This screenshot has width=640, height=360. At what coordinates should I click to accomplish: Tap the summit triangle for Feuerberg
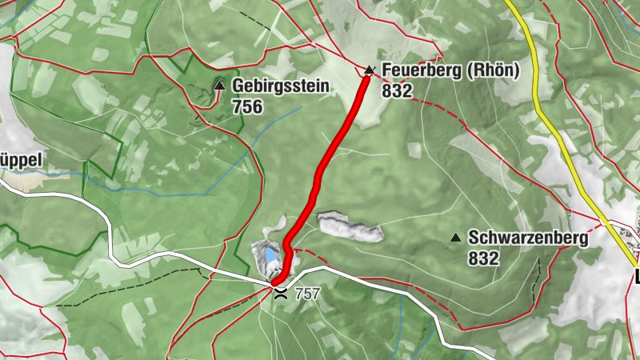click(x=369, y=70)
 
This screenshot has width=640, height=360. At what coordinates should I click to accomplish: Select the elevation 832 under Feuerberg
click(x=397, y=91)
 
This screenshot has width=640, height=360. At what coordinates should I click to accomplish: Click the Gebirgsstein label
click(x=281, y=86)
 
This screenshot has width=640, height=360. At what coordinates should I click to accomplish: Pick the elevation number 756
click(x=247, y=106)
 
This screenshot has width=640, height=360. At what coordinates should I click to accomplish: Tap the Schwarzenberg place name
click(x=528, y=238)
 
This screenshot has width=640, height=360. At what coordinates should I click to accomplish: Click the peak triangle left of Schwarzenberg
click(x=456, y=238)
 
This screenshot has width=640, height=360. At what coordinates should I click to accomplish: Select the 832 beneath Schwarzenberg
click(x=484, y=258)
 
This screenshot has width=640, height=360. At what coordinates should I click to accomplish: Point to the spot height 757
click(x=307, y=294)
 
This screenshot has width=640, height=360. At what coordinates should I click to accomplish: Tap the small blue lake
click(x=270, y=255)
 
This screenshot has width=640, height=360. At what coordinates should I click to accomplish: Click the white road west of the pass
click(x=160, y=256)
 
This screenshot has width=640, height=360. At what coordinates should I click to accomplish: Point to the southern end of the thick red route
click(x=275, y=282)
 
